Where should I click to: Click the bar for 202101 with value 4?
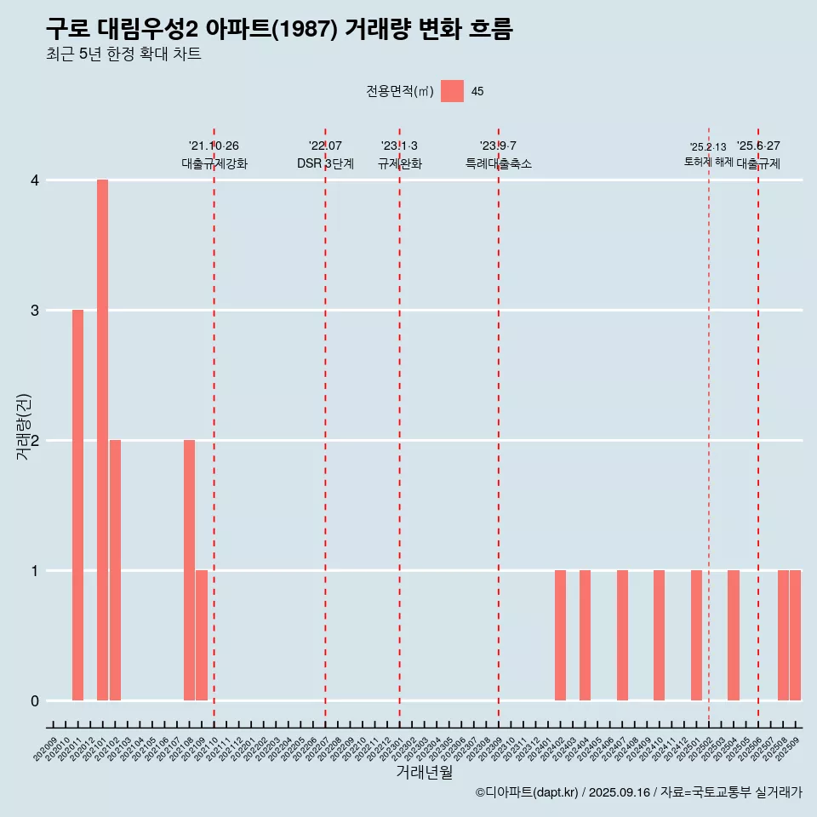(x=102, y=440)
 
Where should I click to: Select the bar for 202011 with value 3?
(x=77, y=506)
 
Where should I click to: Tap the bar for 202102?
(x=115, y=570)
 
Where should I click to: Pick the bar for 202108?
(x=189, y=570)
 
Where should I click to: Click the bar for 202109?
(x=202, y=636)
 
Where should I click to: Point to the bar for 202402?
(x=560, y=636)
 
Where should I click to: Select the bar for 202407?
(x=622, y=636)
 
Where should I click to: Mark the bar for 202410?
(x=659, y=636)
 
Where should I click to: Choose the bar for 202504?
(x=733, y=636)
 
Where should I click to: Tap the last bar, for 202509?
(x=795, y=636)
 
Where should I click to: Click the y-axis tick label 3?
(x=35, y=311)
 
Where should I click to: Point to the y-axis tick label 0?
(x=35, y=701)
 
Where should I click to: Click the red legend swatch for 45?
(x=452, y=91)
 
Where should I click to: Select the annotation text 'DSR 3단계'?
(x=325, y=163)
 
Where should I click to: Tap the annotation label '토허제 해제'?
(x=708, y=162)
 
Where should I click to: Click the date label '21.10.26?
(x=214, y=146)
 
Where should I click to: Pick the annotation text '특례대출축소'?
(x=499, y=163)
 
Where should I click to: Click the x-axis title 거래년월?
(x=424, y=772)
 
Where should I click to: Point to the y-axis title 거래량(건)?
(x=24, y=426)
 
